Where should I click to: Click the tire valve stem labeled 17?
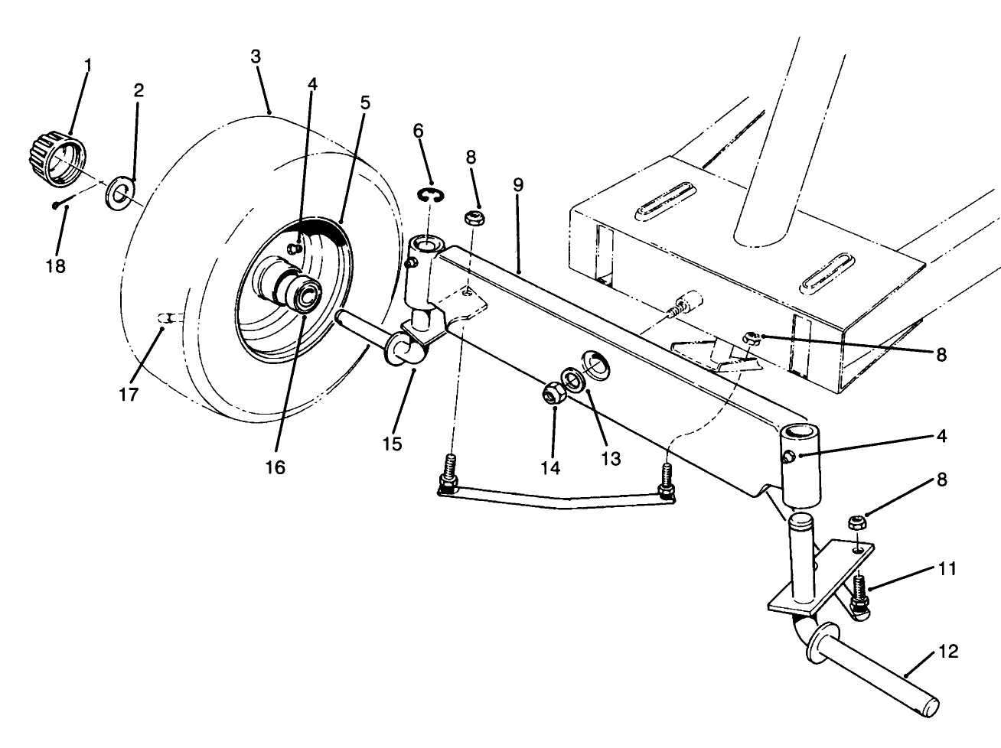click(x=166, y=317)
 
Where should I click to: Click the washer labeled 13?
click(x=572, y=379)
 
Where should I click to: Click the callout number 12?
click(x=947, y=652)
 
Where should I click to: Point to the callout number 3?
click(x=256, y=57)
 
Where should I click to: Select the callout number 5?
click(x=365, y=102)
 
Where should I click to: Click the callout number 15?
click(x=392, y=444)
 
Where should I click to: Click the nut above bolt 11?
click(x=857, y=522)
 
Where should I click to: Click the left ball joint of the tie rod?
click(x=448, y=485)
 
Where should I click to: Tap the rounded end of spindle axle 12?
click(x=930, y=705)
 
